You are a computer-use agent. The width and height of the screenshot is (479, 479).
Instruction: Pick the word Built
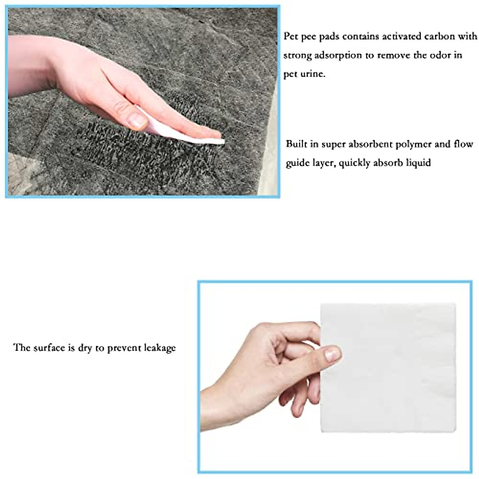pyautogui.click(x=296, y=144)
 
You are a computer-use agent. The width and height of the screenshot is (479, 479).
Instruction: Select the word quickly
pyautogui.click(x=355, y=163)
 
